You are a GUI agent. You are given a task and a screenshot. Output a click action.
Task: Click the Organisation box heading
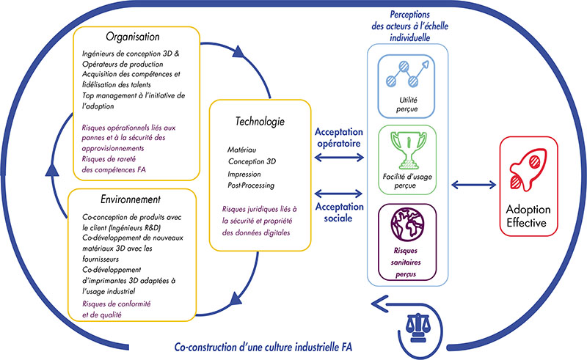133,37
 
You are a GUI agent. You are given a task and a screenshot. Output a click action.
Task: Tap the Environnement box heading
131,199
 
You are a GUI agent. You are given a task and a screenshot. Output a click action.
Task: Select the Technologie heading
260,121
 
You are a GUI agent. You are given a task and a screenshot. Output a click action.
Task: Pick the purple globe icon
407,225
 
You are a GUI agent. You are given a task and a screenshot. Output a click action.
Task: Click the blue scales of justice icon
418,328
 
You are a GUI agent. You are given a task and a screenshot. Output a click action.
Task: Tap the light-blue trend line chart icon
407,73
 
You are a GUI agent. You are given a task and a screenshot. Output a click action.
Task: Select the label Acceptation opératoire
339,138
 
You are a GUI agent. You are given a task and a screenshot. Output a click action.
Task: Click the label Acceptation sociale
339,213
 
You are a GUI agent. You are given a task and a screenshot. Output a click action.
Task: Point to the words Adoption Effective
528,216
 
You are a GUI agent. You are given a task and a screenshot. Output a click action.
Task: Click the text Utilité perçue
407,104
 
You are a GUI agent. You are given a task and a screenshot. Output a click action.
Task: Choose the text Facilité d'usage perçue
407,181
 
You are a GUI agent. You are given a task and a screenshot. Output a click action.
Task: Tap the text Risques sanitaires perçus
406,262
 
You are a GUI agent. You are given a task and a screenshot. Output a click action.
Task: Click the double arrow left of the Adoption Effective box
473,185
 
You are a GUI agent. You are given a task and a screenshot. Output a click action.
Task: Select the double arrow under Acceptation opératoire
339,158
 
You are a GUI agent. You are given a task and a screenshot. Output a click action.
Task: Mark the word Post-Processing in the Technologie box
251,185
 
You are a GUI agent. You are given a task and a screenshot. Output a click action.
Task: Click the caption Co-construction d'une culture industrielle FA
263,347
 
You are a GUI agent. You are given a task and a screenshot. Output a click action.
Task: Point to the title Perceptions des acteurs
410,26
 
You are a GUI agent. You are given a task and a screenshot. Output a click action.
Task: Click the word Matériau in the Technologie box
242,150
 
